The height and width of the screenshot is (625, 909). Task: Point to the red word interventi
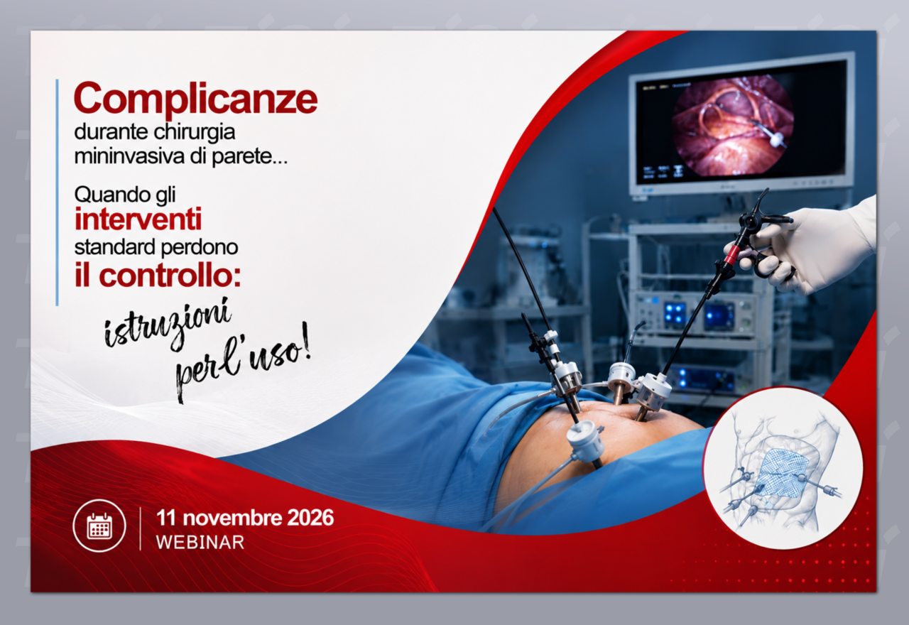138,219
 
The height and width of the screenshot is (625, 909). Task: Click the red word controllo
170,276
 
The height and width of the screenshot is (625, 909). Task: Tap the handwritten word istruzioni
168,324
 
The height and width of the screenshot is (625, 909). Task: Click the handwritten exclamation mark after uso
306,341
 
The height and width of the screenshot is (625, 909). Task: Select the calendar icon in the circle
99,526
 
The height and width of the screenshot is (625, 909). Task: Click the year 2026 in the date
310,518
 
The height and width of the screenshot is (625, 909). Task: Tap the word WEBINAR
200,543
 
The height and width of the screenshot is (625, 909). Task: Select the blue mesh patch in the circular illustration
780,472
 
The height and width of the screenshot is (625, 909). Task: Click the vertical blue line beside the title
58,192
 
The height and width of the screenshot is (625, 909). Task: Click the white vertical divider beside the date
141,528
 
